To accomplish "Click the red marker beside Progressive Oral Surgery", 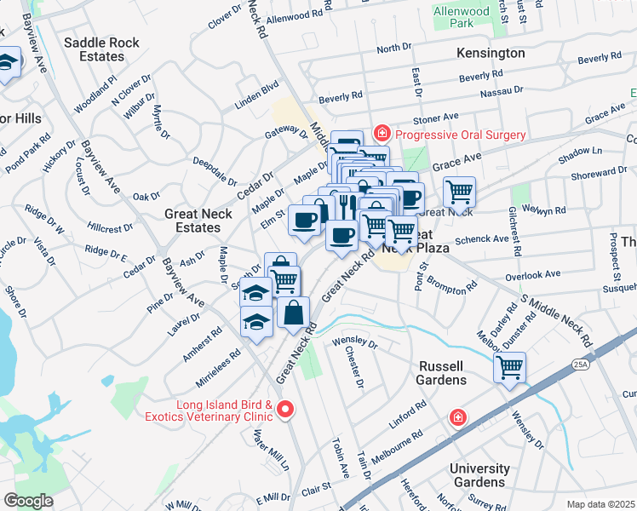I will coord(382,135).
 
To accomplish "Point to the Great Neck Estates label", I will coord(198,221).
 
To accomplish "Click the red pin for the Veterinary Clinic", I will coord(286,411).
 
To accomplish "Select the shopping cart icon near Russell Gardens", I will coord(509,369).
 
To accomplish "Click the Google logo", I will coord(28,500).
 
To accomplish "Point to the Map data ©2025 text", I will coord(600,504).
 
